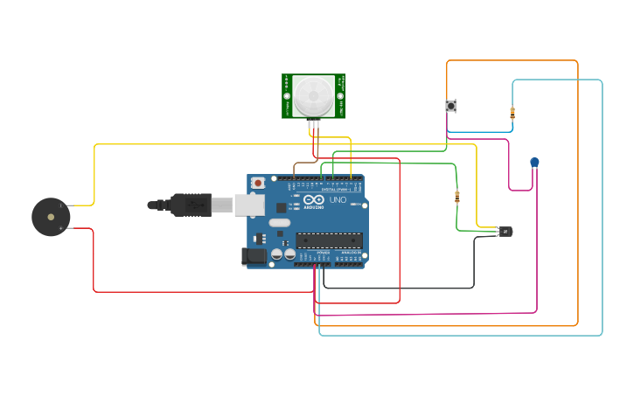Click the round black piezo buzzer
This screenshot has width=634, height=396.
click(x=51, y=217)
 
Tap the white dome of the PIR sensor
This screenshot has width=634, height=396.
click(x=313, y=95)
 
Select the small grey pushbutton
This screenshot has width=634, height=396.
click(x=451, y=106)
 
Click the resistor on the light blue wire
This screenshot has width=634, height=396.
click(x=512, y=112)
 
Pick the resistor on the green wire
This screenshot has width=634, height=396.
click(x=456, y=197)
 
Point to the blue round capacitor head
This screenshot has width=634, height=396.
click(x=534, y=162)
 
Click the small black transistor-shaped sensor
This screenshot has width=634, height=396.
click(x=505, y=232)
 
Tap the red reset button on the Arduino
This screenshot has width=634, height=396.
click(x=258, y=183)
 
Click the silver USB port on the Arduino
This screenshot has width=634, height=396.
click(x=249, y=205)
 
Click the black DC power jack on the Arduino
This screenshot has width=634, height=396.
click(x=254, y=256)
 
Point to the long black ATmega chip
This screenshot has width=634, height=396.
click(x=329, y=240)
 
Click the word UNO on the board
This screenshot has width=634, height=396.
click(x=338, y=200)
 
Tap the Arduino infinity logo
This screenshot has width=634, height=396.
click(x=314, y=199)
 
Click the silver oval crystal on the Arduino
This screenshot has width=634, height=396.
click(x=280, y=222)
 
